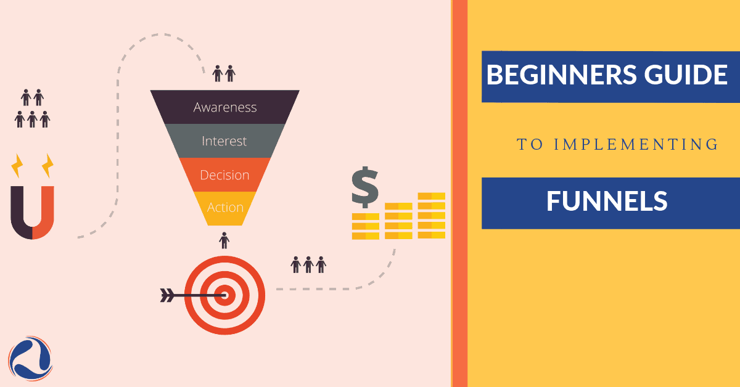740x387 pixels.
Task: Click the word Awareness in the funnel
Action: click(x=224, y=107)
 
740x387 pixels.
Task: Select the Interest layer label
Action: click(x=224, y=141)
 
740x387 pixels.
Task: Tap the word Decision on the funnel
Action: click(x=224, y=175)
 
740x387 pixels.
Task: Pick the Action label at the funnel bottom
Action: click(x=225, y=208)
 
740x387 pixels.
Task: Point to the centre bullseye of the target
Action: click(x=225, y=295)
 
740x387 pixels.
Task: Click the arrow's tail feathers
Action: click(x=167, y=295)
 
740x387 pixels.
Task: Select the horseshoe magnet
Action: click(x=32, y=212)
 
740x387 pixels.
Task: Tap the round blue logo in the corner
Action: click(x=30, y=358)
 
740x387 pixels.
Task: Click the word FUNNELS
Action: click(x=607, y=201)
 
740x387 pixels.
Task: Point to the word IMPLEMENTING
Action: click(x=636, y=144)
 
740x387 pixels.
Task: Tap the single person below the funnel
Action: click(x=224, y=240)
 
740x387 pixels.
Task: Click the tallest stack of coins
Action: click(x=432, y=216)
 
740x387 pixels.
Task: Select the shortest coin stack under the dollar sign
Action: click(x=365, y=226)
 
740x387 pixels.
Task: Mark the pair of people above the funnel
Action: click(x=224, y=74)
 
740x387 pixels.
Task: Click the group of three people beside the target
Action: click(x=308, y=265)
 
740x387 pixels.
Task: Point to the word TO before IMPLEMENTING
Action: click(x=528, y=144)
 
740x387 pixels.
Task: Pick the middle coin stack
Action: click(x=398, y=221)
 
